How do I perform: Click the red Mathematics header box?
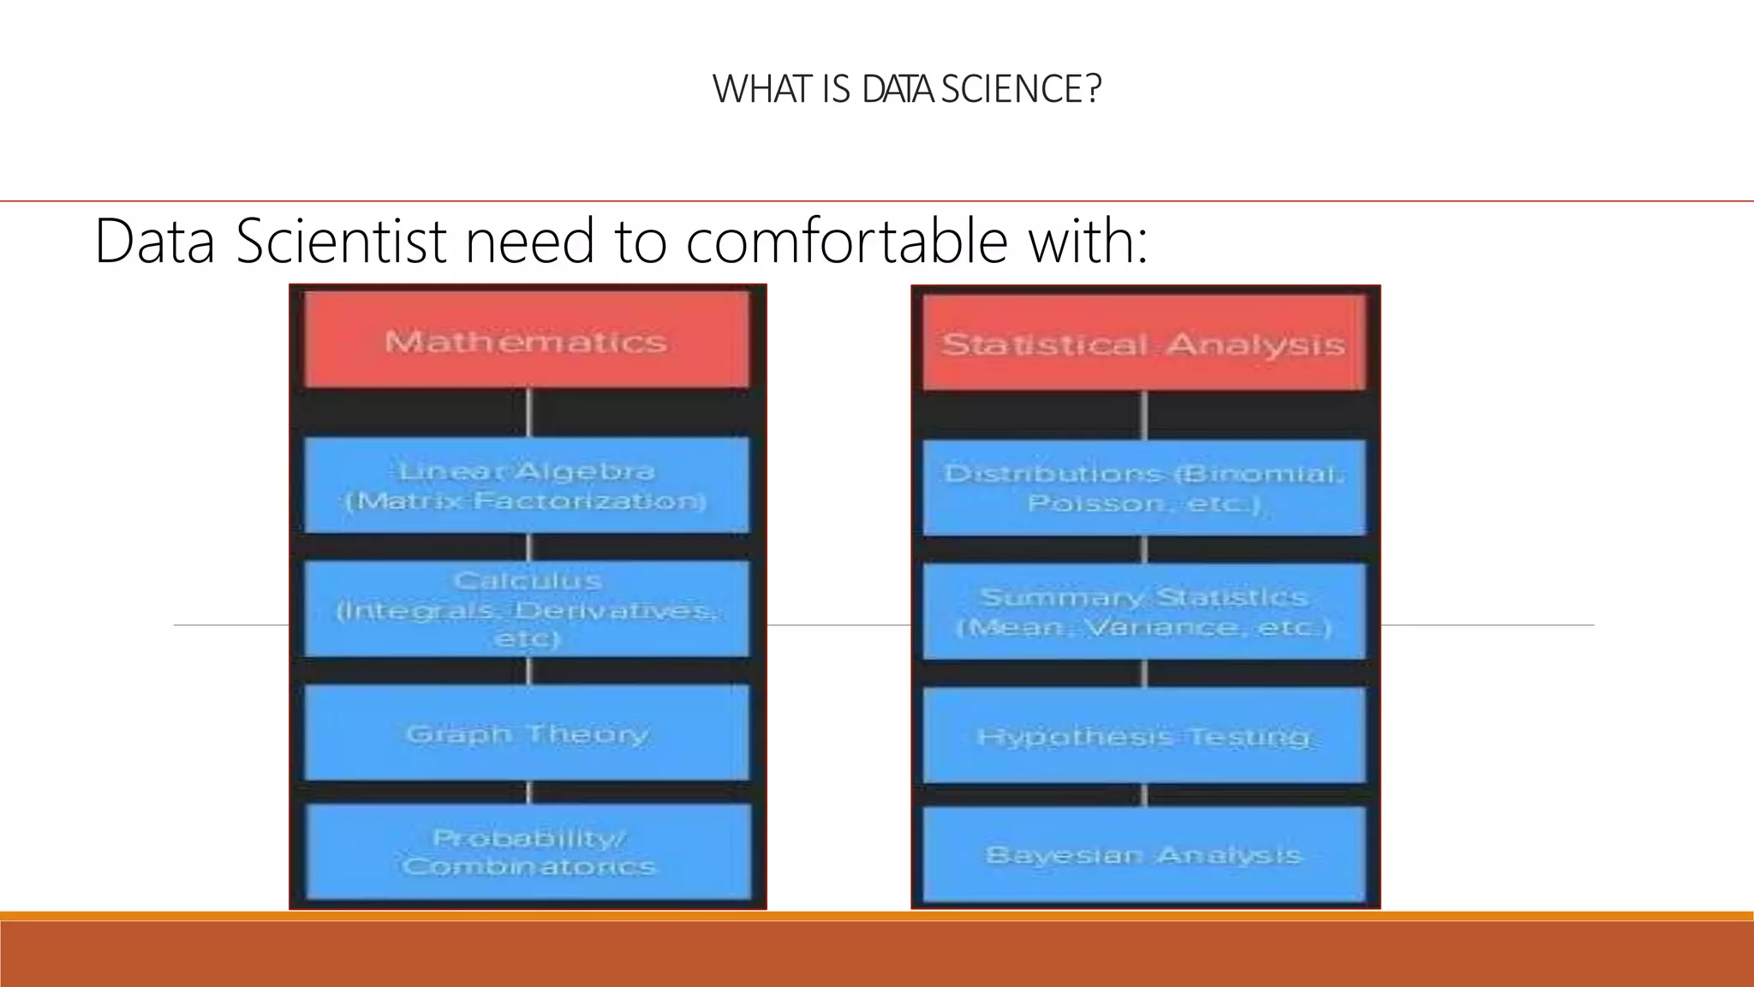[527, 340]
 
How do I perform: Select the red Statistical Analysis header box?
[1144, 343]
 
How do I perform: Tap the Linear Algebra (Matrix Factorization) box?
[527, 485]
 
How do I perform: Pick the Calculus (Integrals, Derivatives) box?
[527, 609]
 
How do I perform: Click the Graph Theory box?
[527, 733]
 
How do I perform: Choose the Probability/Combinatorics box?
[528, 852]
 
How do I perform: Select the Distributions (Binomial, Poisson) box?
[1144, 488]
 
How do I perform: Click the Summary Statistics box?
[1144, 612]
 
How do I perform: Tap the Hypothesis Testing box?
[1144, 735]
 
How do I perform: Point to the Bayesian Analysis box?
[1144, 854]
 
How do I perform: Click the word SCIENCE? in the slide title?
[1021, 89]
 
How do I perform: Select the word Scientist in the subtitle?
[341, 242]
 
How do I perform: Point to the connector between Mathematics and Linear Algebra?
[528, 412]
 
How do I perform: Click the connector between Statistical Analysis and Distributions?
[1144, 416]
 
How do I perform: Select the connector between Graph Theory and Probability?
[528, 793]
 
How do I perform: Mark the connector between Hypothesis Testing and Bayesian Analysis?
[1144, 795]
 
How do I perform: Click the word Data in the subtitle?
[154, 242]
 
